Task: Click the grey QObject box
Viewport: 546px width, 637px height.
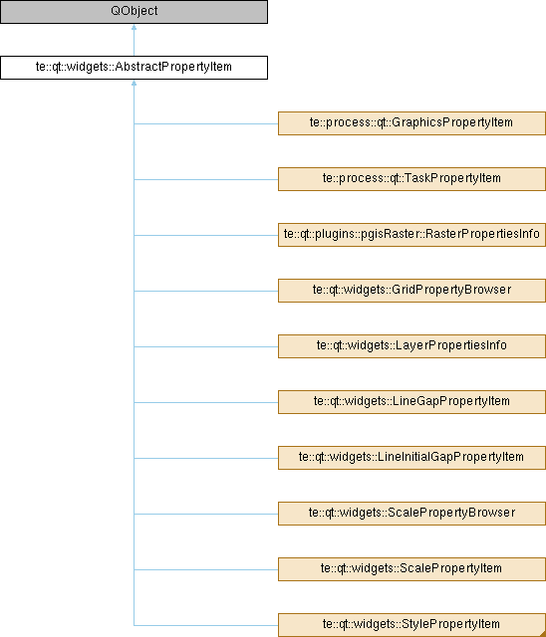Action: tap(134, 11)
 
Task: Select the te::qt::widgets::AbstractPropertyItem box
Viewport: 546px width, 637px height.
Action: tap(134, 68)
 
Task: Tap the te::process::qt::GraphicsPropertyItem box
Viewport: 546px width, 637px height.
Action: tap(411, 123)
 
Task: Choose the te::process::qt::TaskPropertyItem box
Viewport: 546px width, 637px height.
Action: tap(411, 179)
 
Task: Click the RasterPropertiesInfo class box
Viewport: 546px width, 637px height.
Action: tap(411, 235)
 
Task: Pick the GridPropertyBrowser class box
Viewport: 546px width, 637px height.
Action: tap(411, 291)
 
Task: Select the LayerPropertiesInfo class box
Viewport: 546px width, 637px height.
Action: tap(411, 346)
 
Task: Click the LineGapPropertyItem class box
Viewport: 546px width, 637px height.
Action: tap(411, 402)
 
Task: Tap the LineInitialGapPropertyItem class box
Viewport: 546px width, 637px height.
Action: tap(411, 458)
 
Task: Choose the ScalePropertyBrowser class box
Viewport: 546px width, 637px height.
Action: tap(411, 514)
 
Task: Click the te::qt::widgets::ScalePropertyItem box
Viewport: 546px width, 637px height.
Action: tap(411, 569)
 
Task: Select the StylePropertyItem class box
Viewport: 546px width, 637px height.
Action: tap(411, 625)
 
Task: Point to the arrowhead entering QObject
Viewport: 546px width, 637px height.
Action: tap(134, 27)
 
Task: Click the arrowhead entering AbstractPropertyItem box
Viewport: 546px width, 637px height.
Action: tap(134, 83)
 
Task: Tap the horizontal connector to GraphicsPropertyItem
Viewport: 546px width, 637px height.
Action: tap(206, 123)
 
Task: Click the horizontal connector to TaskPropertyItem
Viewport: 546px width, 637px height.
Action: tap(206, 179)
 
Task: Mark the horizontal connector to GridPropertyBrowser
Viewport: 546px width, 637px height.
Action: tap(206, 291)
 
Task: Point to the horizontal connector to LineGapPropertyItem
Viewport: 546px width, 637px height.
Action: tap(206, 402)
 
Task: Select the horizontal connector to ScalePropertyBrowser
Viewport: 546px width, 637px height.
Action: tap(206, 514)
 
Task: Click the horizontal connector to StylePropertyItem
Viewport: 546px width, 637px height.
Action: tap(206, 625)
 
